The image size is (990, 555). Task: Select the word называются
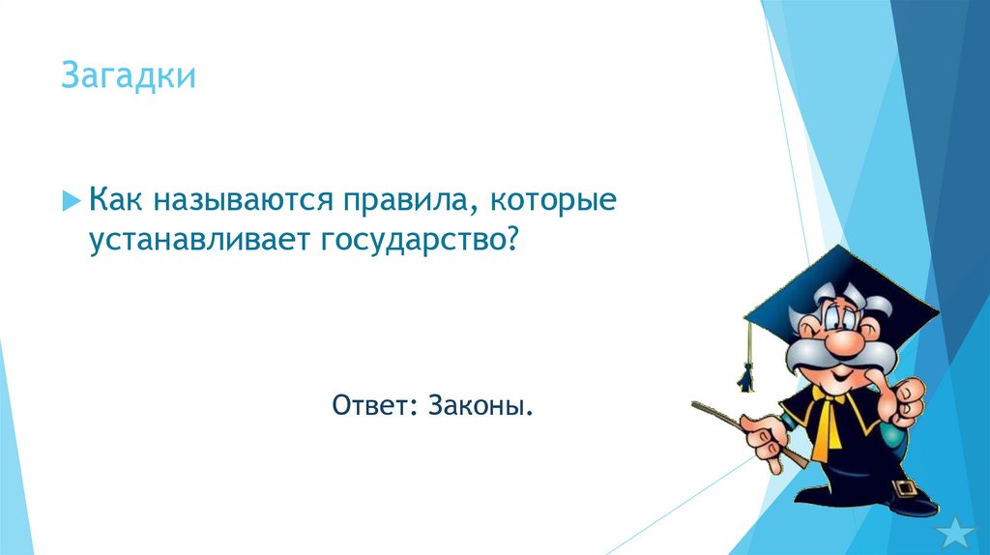coord(235,201)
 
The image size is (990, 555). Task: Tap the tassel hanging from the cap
coord(746,372)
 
